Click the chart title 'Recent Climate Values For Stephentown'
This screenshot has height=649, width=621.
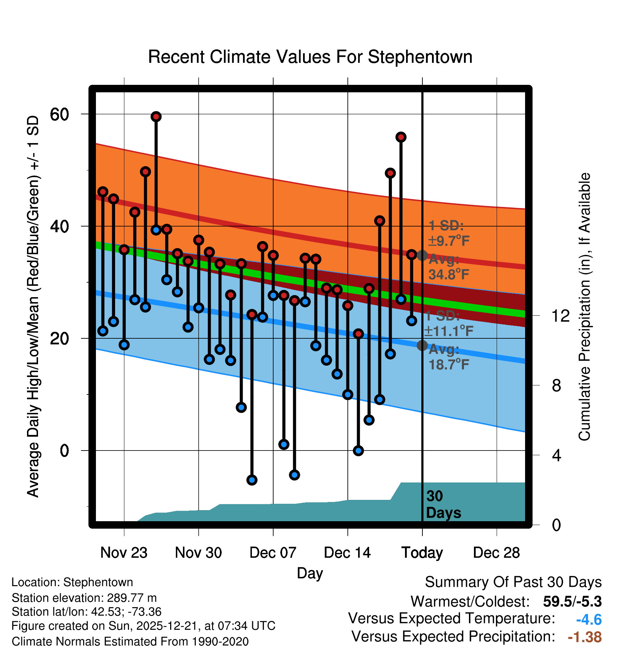(310, 57)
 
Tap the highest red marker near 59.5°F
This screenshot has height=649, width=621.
(156, 116)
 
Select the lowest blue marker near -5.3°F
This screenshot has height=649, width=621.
(252, 480)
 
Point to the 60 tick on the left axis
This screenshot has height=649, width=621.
(59, 114)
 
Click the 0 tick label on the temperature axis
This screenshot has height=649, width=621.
(64, 451)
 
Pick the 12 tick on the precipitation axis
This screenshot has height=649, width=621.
(560, 316)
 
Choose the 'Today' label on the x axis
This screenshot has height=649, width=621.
(422, 552)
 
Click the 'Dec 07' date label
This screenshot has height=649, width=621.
(273, 552)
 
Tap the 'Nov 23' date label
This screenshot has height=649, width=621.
(124, 552)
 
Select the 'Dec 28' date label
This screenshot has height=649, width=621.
(496, 552)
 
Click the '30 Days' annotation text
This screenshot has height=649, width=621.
(443, 505)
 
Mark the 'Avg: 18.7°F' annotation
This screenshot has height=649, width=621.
(448, 357)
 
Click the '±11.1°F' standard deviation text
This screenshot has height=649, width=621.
(448, 331)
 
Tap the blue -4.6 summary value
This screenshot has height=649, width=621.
(589, 620)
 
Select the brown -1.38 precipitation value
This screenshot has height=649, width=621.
(584, 637)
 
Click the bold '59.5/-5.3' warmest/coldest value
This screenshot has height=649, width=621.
(572, 601)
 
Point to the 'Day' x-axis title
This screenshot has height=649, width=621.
(310, 573)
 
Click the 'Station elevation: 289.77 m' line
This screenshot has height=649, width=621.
(84, 598)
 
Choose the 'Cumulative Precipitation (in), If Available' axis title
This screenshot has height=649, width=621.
(584, 307)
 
